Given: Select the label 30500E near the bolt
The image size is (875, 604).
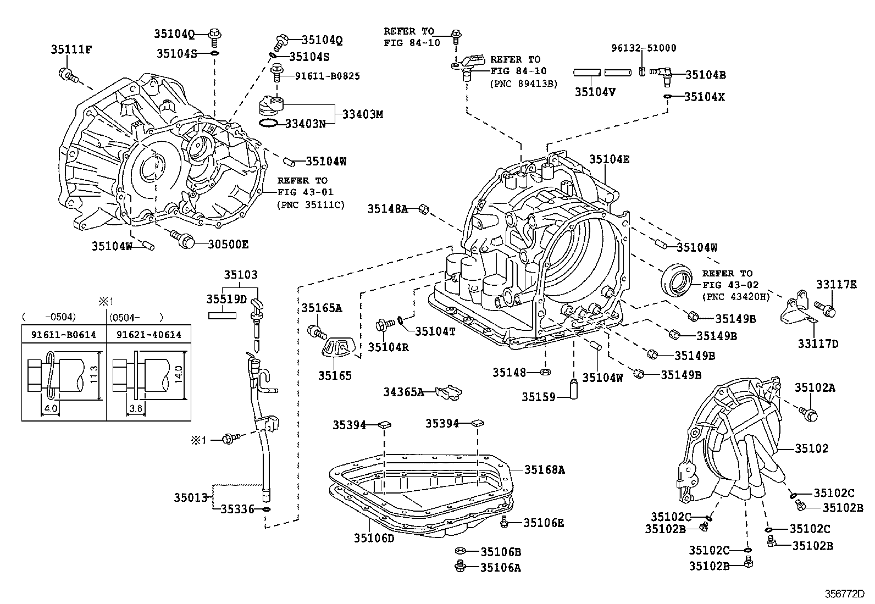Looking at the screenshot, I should (228, 244).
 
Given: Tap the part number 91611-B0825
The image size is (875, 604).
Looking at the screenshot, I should (327, 76).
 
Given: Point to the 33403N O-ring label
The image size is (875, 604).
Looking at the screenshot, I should (305, 124).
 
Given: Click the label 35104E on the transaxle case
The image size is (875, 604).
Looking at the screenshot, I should (610, 160).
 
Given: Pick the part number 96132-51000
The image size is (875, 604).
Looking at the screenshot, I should (644, 48).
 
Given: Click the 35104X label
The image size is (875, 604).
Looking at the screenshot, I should (705, 97).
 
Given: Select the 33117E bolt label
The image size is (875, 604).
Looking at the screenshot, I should (836, 284).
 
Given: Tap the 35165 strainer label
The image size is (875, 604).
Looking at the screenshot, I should (335, 376).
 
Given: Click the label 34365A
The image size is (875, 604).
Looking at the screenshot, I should (404, 392).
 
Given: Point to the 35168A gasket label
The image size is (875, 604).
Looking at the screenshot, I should (544, 469).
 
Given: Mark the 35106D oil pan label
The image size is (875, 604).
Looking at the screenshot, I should (374, 538).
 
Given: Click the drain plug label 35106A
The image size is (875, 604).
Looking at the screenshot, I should (500, 568).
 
